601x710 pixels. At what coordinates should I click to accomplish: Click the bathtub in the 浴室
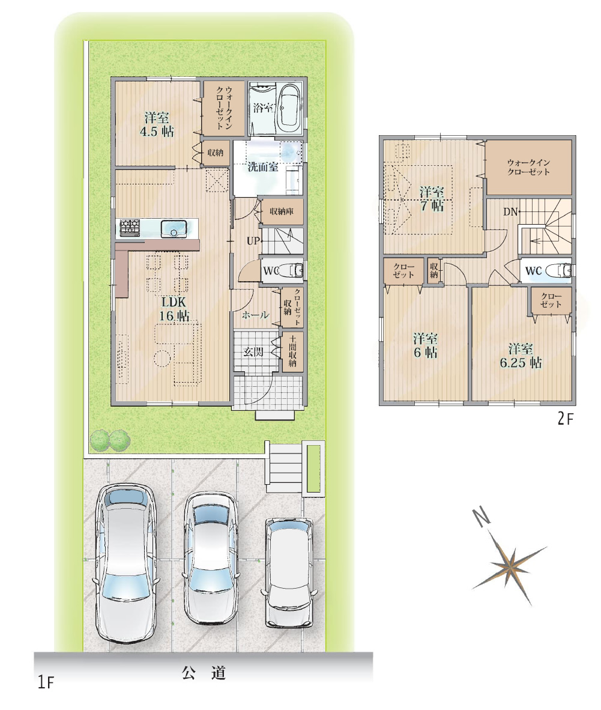tap(289, 108)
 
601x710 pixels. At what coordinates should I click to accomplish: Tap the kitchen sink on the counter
tap(174, 228)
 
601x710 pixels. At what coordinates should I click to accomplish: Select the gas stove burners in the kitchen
tap(130, 227)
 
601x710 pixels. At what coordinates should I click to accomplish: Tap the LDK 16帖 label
tap(174, 309)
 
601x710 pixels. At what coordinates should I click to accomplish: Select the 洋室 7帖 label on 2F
tap(431, 198)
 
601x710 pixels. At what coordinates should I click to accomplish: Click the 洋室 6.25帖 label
tap(521, 356)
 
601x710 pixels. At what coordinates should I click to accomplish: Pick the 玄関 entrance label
tap(253, 351)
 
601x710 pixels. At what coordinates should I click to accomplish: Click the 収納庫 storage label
tap(282, 211)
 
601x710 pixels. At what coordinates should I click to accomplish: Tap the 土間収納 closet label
tap(292, 350)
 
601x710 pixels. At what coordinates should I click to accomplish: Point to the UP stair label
tap(253, 241)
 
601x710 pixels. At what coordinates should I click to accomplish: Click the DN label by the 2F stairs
tap(510, 211)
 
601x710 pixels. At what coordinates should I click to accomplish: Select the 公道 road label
tap(204, 673)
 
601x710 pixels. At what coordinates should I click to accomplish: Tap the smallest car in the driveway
tap(289, 573)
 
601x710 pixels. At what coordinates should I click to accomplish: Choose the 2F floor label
tap(565, 419)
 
